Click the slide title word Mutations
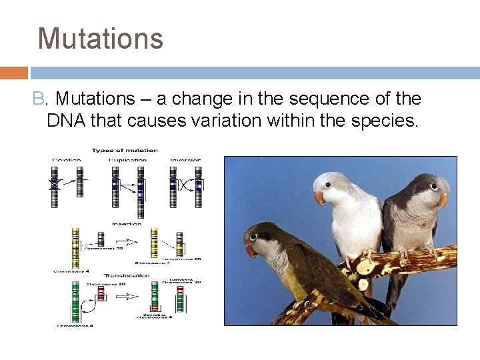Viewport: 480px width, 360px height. [x=101, y=39]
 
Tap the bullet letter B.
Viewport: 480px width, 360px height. [x=39, y=99]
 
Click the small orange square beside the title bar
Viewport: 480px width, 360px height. [x=13, y=73]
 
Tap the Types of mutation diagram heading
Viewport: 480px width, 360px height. [x=125, y=150]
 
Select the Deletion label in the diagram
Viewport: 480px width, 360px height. [x=67, y=160]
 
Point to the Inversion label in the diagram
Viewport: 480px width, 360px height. [x=185, y=160]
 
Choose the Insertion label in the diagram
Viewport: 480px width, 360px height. [x=127, y=224]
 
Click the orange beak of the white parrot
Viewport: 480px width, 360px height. [x=320, y=198]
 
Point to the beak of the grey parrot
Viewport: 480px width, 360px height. [x=443, y=199]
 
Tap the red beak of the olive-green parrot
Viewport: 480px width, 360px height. [x=250, y=250]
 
